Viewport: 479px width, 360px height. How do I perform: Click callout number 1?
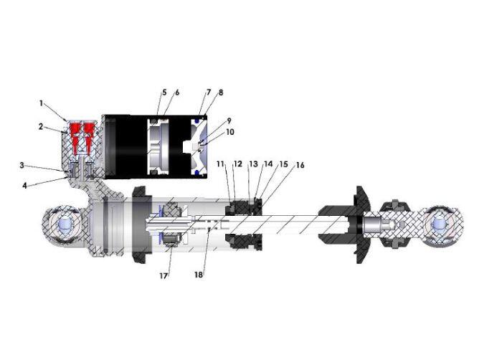click(41, 103)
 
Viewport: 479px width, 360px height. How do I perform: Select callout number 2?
click(41, 126)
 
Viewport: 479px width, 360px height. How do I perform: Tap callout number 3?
click(22, 166)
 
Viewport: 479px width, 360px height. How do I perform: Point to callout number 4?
click(25, 185)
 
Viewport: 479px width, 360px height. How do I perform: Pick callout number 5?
click(164, 92)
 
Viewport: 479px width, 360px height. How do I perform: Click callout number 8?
click(221, 93)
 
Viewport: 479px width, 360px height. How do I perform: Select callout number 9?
click(229, 120)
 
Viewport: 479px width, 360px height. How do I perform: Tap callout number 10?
click(230, 132)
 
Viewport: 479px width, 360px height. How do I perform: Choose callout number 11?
click(220, 164)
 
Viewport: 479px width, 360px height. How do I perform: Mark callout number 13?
click(254, 164)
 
